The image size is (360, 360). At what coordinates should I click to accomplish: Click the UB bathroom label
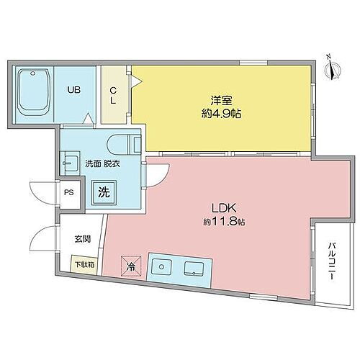[x=75, y=91]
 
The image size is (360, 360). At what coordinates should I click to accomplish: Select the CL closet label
[x=113, y=96]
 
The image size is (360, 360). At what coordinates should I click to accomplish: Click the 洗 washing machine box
[x=105, y=192]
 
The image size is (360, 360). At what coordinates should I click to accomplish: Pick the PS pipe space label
[x=68, y=192]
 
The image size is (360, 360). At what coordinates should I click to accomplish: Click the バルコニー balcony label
[x=330, y=261]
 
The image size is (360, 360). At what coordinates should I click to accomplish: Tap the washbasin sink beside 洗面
[x=72, y=161]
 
